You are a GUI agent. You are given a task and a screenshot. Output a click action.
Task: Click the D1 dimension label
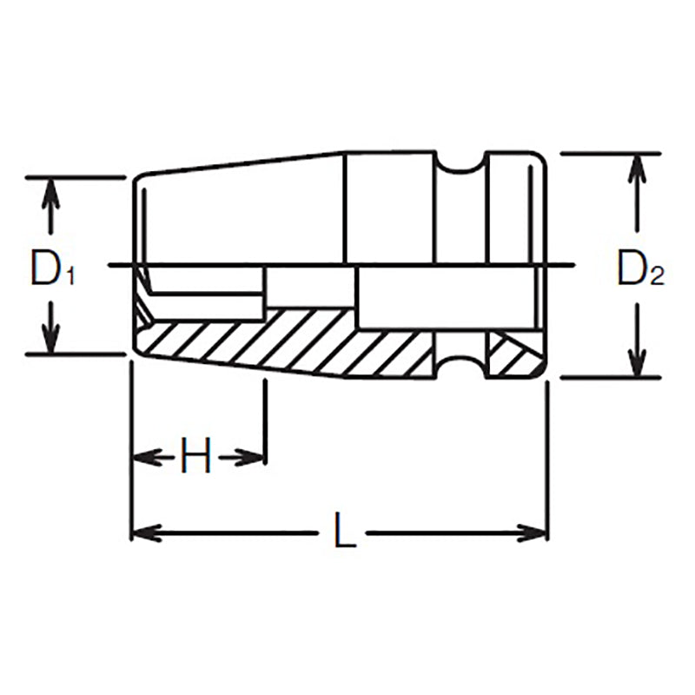52,269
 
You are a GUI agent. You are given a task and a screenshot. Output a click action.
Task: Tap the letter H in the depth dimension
196,457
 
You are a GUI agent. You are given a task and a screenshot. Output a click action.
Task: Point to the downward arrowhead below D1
51,340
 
